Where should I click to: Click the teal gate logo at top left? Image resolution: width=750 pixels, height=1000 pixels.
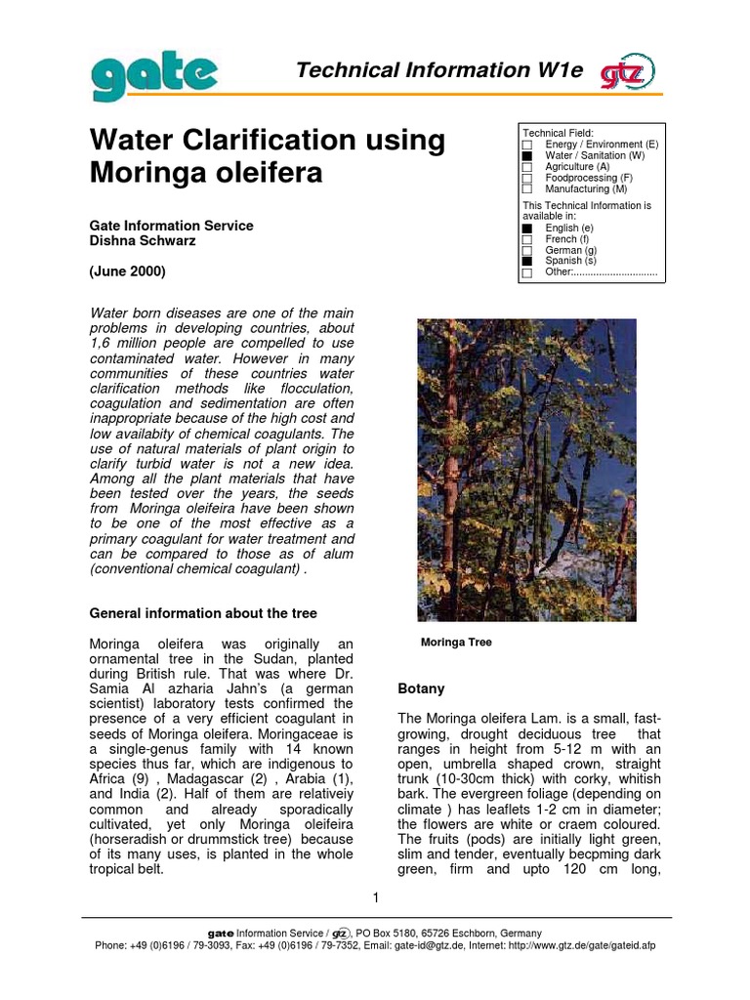[x=154, y=75]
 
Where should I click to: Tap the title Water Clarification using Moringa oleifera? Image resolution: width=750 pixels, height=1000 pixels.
[x=268, y=157]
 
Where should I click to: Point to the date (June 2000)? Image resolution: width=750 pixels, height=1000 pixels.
[x=128, y=271]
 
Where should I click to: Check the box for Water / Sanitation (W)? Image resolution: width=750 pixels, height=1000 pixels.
[x=527, y=155]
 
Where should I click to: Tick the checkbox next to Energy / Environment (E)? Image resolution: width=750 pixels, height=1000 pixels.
[x=527, y=145]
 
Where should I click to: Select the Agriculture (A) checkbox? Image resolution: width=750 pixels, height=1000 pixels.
[x=527, y=167]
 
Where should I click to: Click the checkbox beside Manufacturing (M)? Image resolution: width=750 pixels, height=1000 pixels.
[x=527, y=189]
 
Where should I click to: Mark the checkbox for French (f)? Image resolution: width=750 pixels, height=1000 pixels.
[x=527, y=239]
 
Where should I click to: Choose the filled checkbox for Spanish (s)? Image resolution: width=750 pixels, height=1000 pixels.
[x=527, y=262]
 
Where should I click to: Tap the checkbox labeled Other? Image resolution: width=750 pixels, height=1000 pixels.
[x=527, y=273]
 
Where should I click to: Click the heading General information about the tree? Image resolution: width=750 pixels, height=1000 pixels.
[x=203, y=613]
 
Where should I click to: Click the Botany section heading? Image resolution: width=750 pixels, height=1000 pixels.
[x=421, y=688]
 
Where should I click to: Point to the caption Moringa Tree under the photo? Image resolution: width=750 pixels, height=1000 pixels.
[x=456, y=643]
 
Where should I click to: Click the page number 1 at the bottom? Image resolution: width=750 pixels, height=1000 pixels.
[x=375, y=897]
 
